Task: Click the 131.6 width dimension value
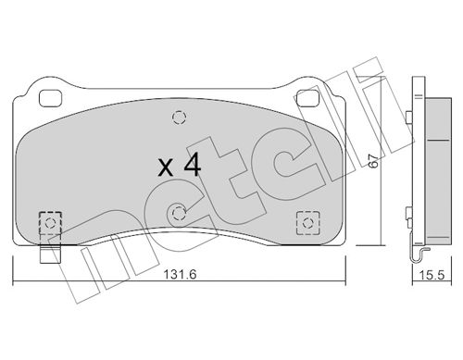[180, 274]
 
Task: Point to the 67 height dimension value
[373, 160]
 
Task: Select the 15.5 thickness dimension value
[432, 275]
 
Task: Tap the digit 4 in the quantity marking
[193, 165]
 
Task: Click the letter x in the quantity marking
[166, 168]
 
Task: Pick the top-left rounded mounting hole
[51, 98]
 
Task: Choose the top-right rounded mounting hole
[307, 98]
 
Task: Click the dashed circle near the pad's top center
[180, 118]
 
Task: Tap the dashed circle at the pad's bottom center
[179, 213]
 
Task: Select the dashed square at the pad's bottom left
[50, 223]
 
